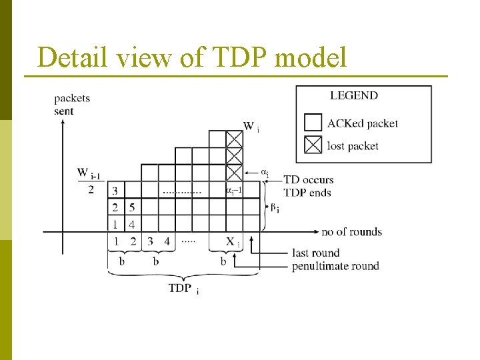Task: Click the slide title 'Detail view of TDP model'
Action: [192, 58]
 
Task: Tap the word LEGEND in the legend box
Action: [353, 95]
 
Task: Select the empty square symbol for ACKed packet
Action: [313, 123]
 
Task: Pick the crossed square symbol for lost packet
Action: [313, 145]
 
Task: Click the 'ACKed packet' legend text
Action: [362, 123]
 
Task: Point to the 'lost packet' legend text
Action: [353, 145]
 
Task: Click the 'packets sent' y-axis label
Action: [71, 105]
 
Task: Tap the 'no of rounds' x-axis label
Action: [351, 232]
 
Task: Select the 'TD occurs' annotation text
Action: [308, 180]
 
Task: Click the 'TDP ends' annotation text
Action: [307, 193]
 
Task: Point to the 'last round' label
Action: [315, 253]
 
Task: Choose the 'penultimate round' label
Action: [335, 266]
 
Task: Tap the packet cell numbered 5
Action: [132, 207]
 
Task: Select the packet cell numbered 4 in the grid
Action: [132, 224]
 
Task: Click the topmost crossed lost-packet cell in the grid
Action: [234, 139]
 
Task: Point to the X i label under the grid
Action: [232, 242]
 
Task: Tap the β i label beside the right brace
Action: [273, 207]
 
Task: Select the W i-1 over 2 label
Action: [89, 181]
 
